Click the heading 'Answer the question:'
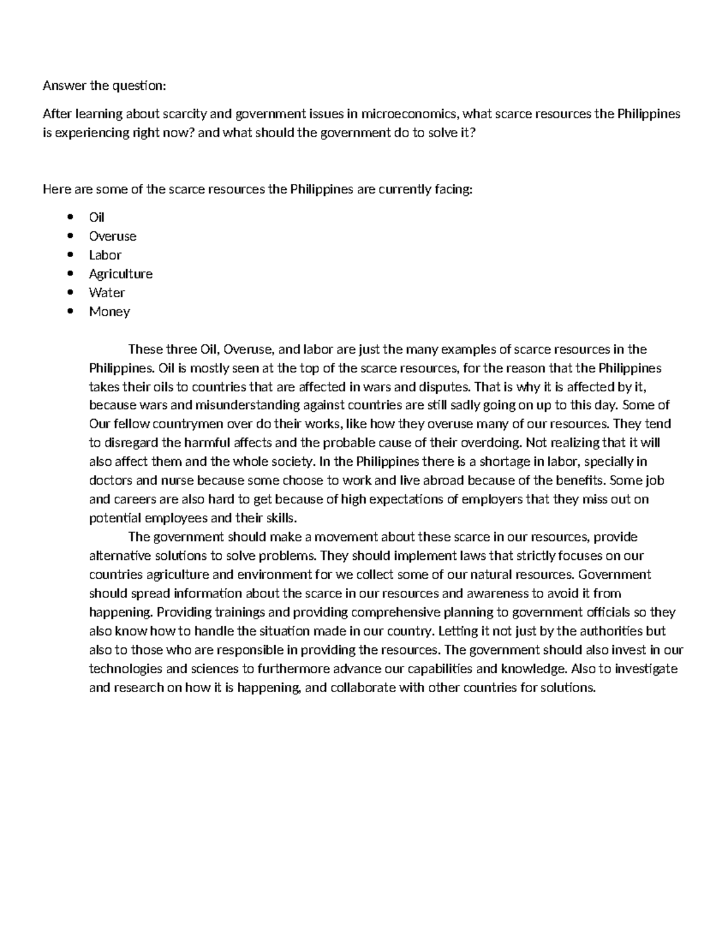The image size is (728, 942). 104,86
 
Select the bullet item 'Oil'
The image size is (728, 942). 96,217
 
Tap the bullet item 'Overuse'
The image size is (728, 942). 112,236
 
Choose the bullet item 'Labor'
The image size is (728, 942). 105,255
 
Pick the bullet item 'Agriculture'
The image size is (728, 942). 121,274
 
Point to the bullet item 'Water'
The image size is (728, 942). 107,292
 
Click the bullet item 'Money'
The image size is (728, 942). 109,311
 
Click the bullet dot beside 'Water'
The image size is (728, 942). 71,292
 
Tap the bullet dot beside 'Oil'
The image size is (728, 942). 71,217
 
